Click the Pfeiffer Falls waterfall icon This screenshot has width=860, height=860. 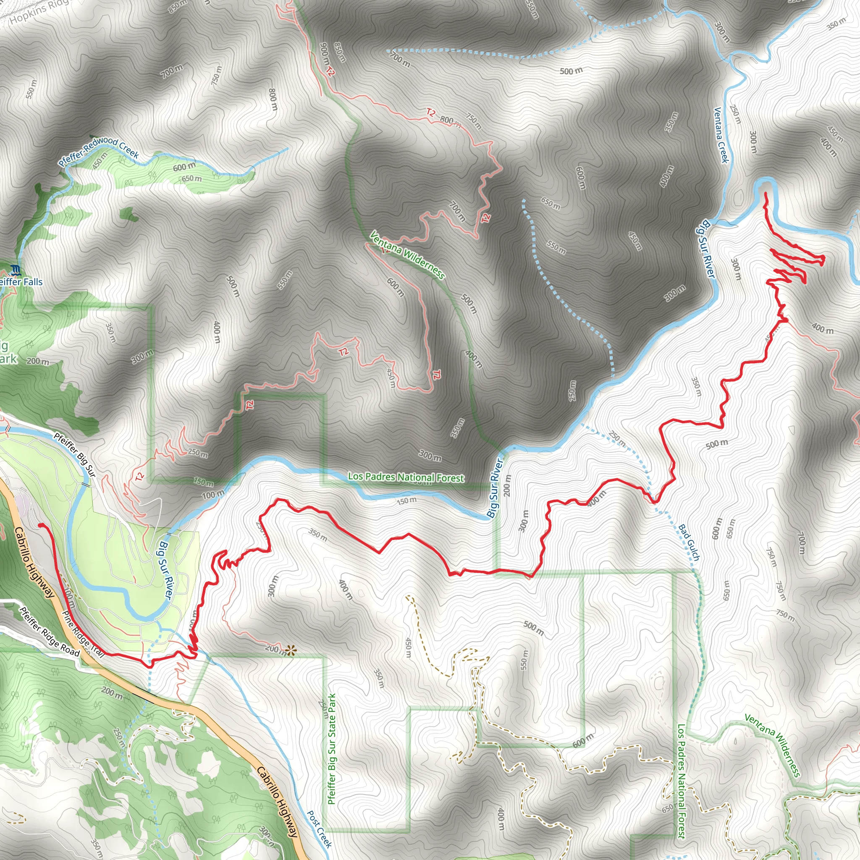(16, 269)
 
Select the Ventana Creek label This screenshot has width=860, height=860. (721, 135)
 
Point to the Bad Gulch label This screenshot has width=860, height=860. (689, 542)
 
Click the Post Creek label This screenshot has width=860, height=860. (320, 829)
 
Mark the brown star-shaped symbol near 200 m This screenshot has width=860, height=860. (291, 651)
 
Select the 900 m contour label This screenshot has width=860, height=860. (325, 54)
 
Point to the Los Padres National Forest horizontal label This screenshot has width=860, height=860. (406, 477)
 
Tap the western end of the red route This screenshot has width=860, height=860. (40, 525)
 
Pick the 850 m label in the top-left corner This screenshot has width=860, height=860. (178, 6)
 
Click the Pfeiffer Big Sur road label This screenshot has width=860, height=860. (74, 454)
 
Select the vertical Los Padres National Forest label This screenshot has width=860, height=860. (681, 781)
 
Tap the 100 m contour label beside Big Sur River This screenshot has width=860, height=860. (213, 494)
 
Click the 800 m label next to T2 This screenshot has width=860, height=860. (447, 120)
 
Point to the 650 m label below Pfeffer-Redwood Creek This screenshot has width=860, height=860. (191, 179)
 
